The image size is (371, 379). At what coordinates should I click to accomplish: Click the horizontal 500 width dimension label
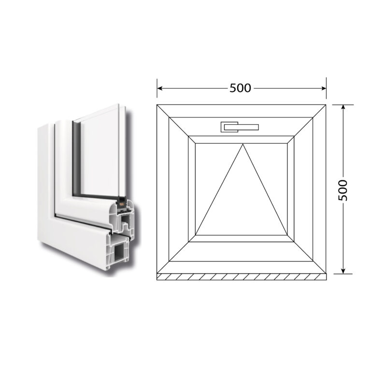pyautogui.click(x=240, y=88)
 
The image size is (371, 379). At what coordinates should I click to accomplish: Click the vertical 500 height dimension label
pyautogui.click(x=343, y=190)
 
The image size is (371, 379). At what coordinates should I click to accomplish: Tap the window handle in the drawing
pyautogui.click(x=240, y=127)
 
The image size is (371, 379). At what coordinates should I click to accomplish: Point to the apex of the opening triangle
pyautogui.click(x=243, y=144)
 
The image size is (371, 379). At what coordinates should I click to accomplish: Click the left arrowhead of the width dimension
pyautogui.click(x=159, y=88)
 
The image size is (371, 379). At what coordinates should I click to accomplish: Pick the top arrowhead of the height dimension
pyautogui.click(x=343, y=107)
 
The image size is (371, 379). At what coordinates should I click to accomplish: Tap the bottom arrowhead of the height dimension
pyautogui.click(x=343, y=271)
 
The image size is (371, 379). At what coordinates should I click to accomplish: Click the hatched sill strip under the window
pyautogui.click(x=242, y=277)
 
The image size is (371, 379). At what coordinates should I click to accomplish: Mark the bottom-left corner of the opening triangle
pyautogui.click(x=196, y=234)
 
